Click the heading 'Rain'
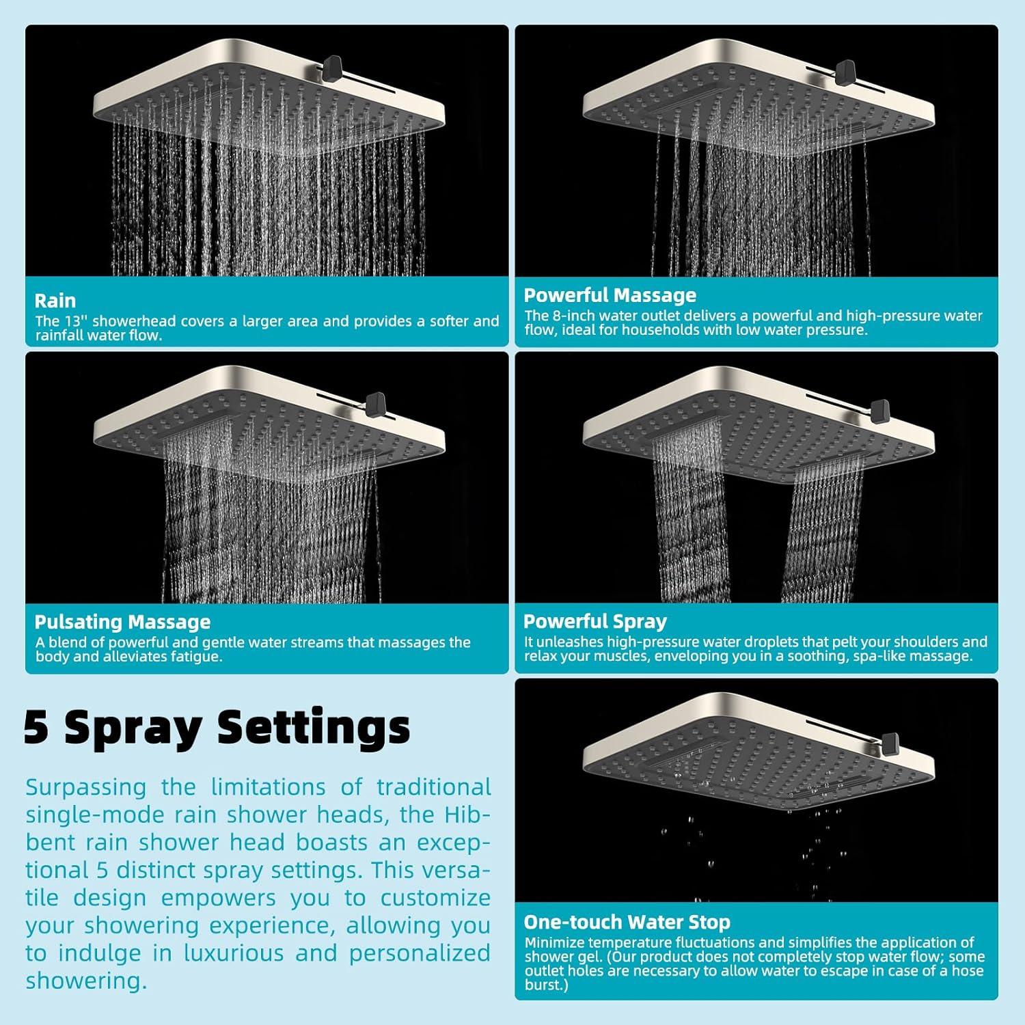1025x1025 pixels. (55, 301)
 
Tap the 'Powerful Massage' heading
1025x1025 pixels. (610, 295)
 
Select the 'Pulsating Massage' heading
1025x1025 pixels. (122, 622)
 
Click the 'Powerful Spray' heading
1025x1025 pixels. (594, 621)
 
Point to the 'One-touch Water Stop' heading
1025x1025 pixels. (627, 922)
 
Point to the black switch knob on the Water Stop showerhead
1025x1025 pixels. (889, 741)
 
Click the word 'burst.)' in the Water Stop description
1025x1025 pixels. (547, 985)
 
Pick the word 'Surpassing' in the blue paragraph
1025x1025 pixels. (86, 788)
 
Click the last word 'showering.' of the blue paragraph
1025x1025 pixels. (87, 981)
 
